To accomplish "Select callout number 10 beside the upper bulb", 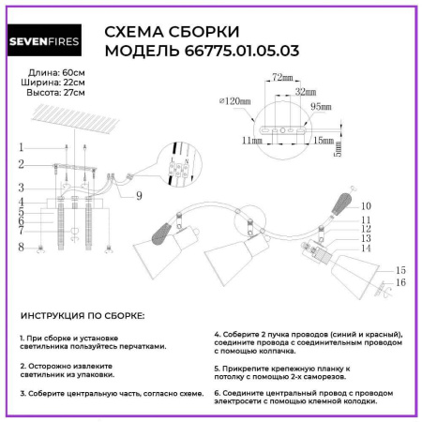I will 367,204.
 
